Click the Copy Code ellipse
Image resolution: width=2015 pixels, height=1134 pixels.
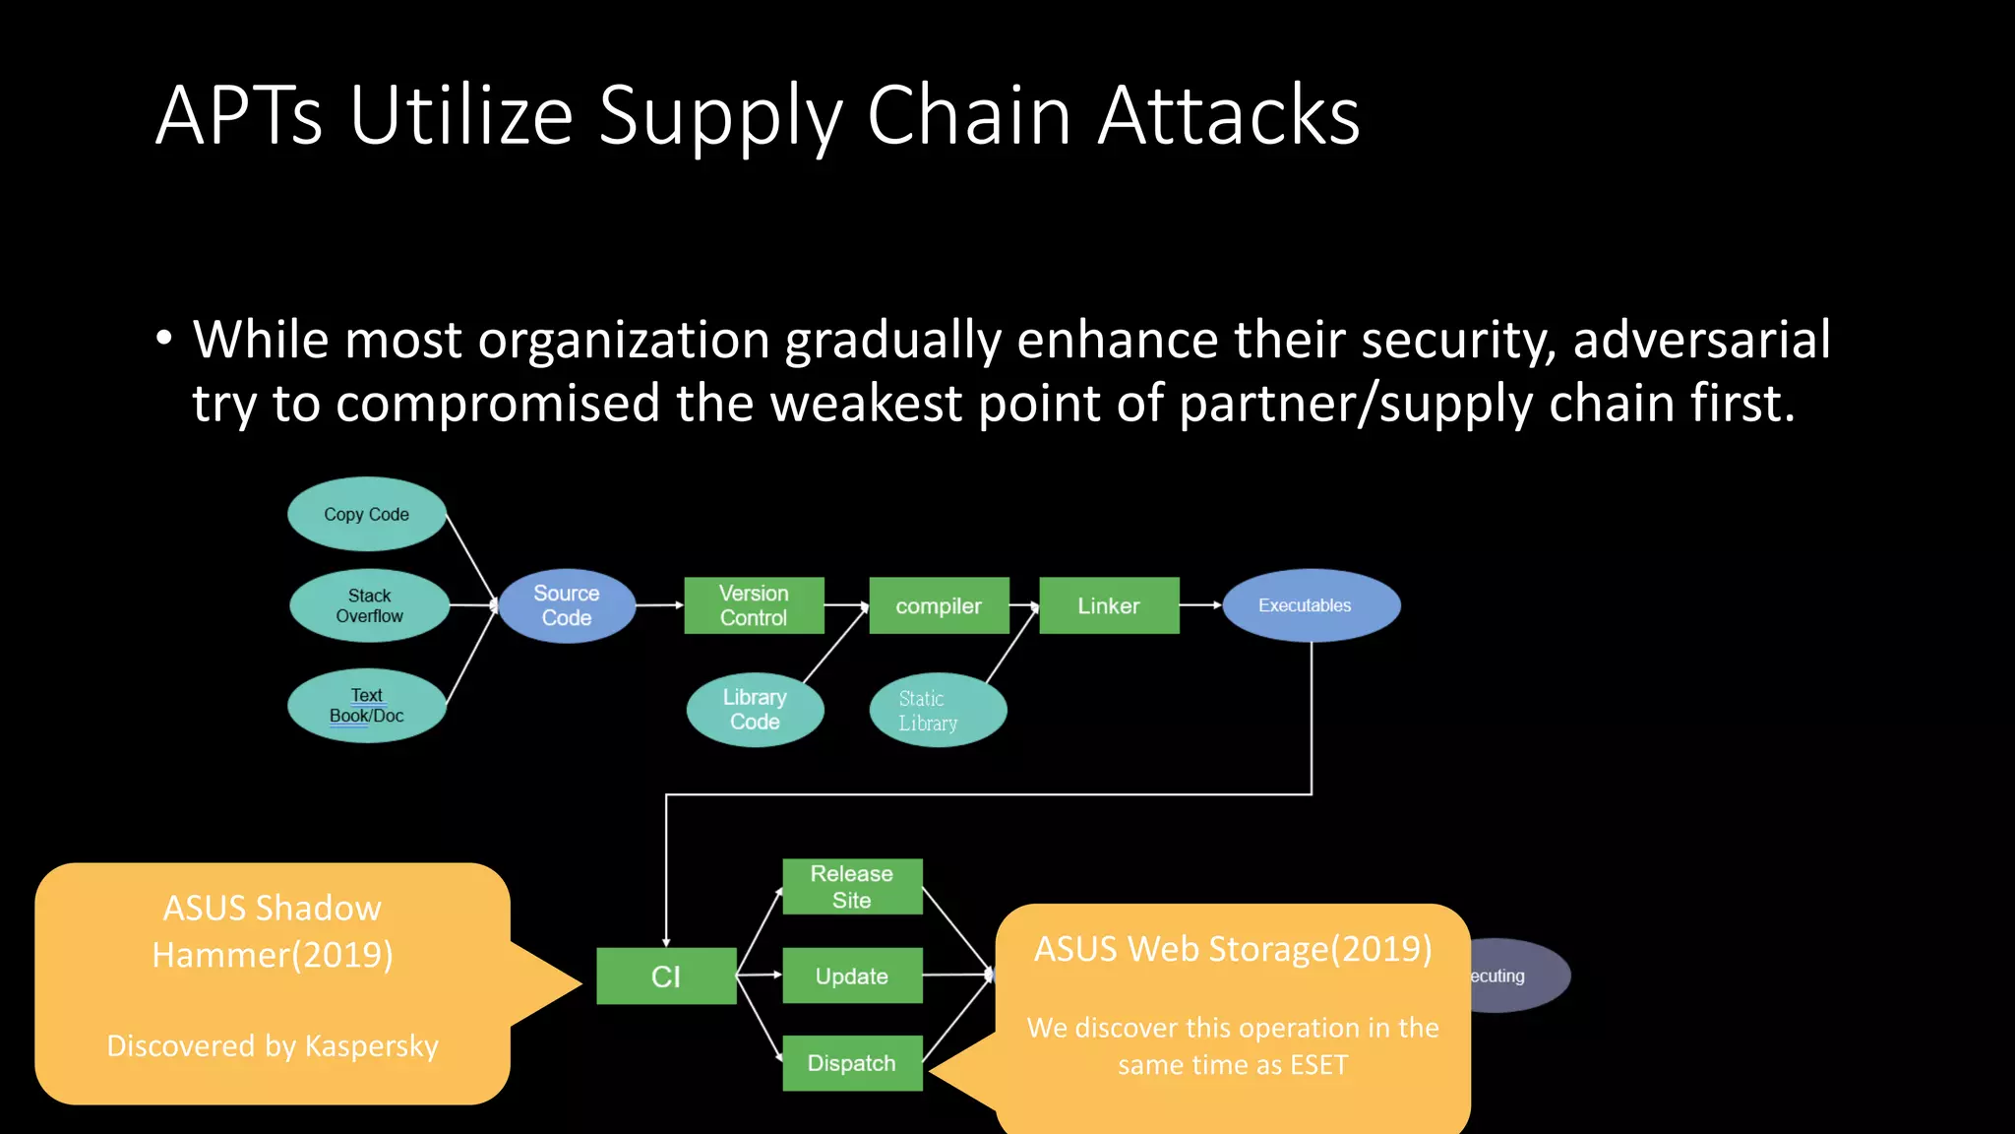(x=367, y=514)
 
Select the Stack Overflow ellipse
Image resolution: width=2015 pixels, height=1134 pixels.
(x=369, y=605)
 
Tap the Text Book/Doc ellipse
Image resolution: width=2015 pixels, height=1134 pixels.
(x=367, y=706)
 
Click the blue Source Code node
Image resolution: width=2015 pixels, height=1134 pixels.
(x=567, y=605)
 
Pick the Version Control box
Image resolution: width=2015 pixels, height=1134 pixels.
(x=754, y=605)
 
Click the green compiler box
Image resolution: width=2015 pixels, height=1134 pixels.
(x=939, y=605)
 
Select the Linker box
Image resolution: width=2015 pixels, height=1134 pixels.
(x=1109, y=605)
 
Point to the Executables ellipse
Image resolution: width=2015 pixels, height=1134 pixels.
(x=1311, y=605)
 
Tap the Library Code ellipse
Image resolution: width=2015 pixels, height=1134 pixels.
(x=755, y=710)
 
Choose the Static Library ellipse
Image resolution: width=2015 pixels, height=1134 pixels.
(x=938, y=710)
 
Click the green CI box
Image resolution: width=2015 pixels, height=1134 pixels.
(x=666, y=976)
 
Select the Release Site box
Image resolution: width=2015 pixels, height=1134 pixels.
(x=852, y=887)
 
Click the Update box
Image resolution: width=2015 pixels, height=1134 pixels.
(x=852, y=976)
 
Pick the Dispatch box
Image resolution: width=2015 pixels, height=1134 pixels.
(x=852, y=1063)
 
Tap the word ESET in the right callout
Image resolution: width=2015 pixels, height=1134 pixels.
(x=1318, y=1065)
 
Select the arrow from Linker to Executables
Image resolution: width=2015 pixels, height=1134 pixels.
(x=1200, y=605)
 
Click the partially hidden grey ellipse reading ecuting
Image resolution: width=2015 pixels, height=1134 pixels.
(x=1520, y=976)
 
